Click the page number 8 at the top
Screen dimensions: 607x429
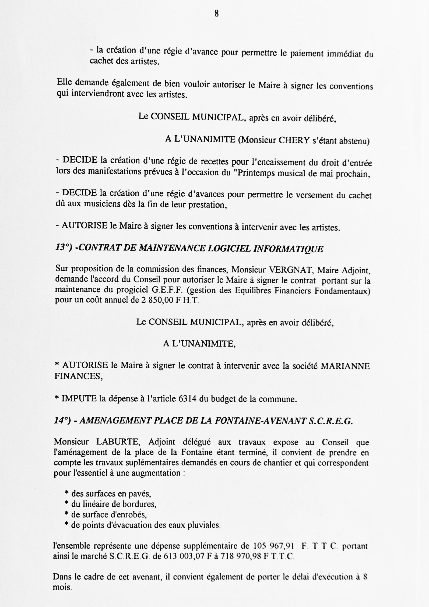216,14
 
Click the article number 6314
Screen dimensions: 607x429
188,398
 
